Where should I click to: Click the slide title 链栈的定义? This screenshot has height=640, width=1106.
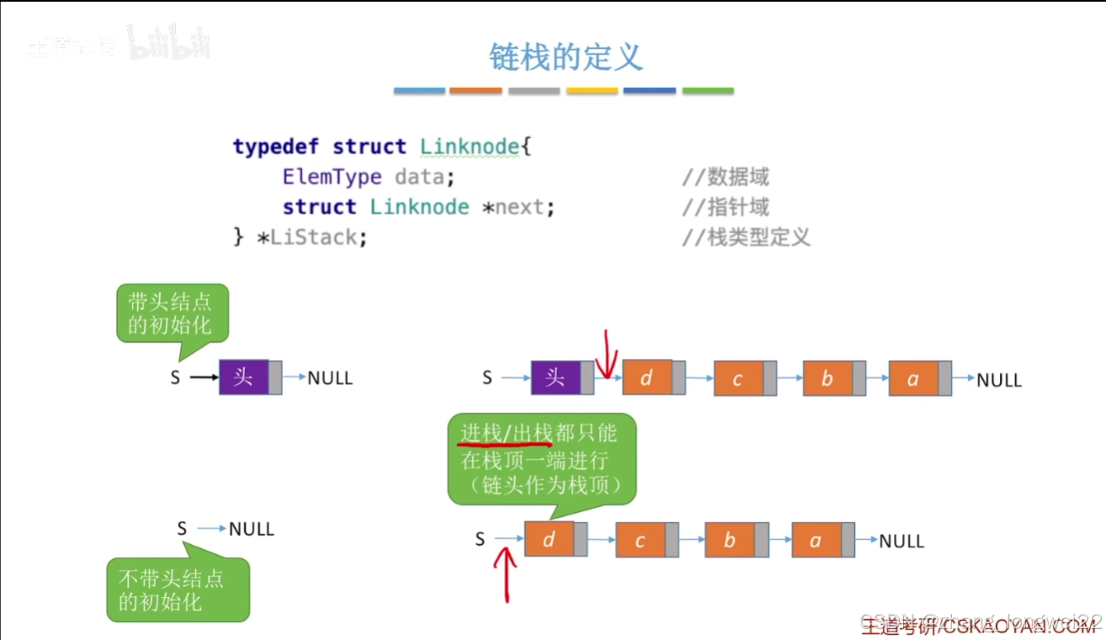tap(566, 57)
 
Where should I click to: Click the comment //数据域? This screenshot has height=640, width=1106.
tap(725, 177)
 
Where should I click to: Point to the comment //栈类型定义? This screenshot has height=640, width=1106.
tap(746, 237)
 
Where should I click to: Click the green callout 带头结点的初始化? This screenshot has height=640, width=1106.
tap(173, 313)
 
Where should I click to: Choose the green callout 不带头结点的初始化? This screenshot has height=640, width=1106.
tap(178, 589)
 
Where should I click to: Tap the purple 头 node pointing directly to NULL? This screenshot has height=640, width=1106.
tap(243, 377)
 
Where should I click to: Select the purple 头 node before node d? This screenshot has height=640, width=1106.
tap(556, 377)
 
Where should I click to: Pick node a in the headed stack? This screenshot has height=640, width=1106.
tap(913, 378)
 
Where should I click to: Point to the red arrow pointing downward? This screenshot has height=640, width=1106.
tap(606, 354)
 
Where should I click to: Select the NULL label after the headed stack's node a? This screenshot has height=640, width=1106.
tap(999, 380)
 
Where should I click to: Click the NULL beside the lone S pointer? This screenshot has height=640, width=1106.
tap(252, 529)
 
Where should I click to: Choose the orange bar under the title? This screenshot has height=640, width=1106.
tap(476, 90)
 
